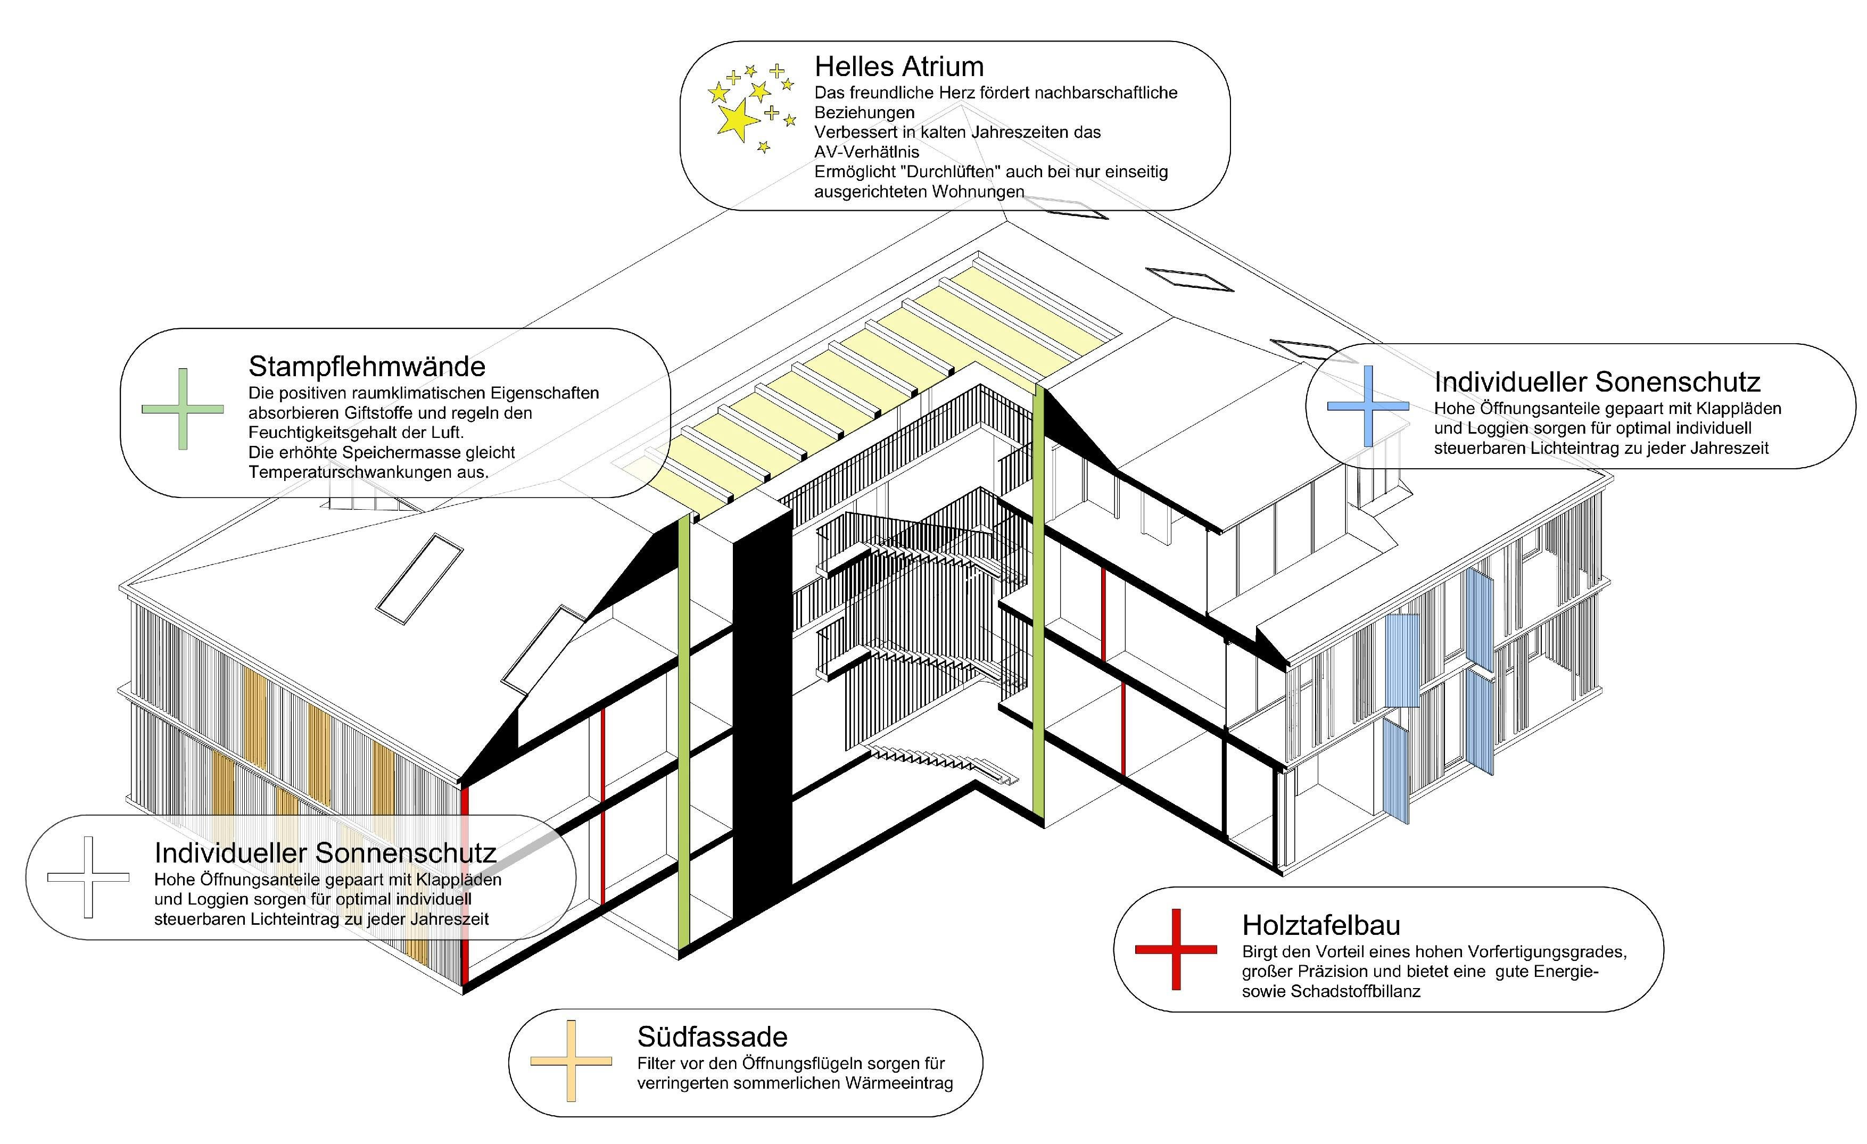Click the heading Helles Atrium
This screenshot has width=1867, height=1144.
899,67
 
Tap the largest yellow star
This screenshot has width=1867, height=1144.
736,120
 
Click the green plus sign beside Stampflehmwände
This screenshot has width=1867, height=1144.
183,409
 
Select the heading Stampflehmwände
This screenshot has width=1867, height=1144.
367,367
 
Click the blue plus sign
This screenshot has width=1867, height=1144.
1368,406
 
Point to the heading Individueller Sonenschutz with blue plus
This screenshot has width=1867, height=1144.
1597,382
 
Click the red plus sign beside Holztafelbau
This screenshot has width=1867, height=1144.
1176,949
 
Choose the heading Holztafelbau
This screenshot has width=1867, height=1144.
1321,925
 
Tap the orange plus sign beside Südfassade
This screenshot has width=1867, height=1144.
571,1060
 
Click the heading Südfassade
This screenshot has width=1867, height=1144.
712,1037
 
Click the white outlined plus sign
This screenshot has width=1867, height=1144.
89,877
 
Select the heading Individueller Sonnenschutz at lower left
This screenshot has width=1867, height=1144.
325,853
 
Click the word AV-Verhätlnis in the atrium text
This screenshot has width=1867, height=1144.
866,152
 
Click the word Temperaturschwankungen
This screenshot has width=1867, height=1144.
367,472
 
